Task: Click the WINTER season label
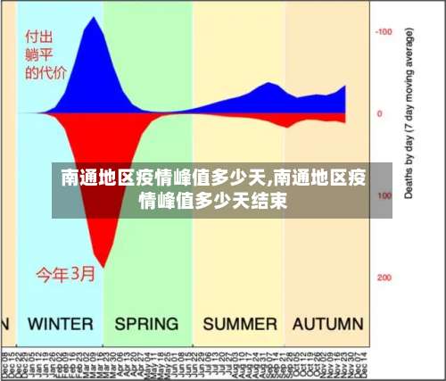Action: click(x=60, y=323)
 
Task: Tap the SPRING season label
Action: click(x=146, y=323)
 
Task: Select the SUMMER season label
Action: click(x=239, y=323)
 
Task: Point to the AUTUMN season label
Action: click(x=327, y=323)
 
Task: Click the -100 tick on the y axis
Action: click(x=384, y=32)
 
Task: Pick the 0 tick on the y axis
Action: click(x=379, y=113)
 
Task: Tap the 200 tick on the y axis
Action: click(x=384, y=277)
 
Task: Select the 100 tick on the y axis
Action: click(x=384, y=195)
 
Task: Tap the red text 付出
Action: click(x=37, y=38)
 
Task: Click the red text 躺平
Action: click(x=37, y=55)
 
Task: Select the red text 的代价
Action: click(x=45, y=73)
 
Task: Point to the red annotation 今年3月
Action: click(x=65, y=274)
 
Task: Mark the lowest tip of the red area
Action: click(x=106, y=267)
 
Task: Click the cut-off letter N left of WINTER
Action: click(x=4, y=323)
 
